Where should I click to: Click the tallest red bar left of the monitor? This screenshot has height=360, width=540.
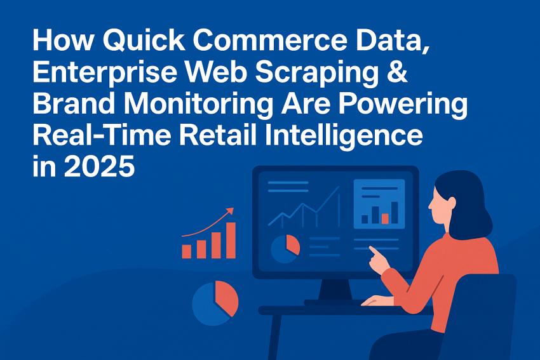point(231,239)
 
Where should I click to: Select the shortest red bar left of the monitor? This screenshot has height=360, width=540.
point(186,251)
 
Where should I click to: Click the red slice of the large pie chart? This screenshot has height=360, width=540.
point(227,298)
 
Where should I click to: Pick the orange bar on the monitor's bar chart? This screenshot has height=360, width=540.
point(385,218)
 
